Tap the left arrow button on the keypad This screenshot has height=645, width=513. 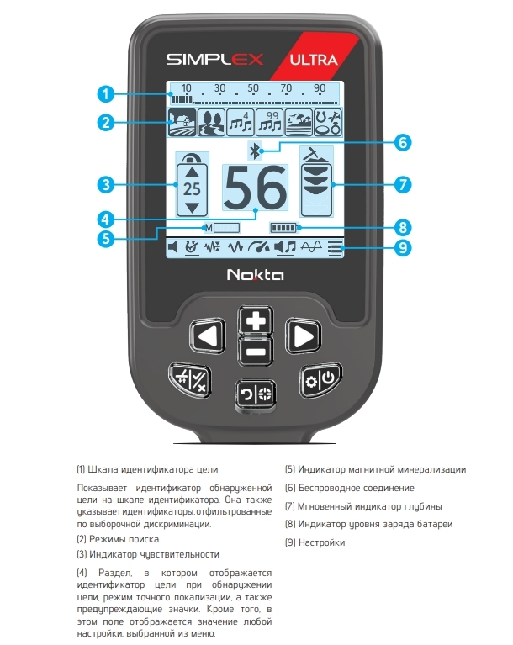206,337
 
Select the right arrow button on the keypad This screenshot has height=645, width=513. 302,337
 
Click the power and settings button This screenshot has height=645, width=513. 320,380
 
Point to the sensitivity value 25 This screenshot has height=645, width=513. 193,188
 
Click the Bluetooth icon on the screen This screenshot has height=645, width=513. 255,151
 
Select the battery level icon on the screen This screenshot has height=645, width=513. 283,227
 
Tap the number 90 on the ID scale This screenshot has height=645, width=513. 320,88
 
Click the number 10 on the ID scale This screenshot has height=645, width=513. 187,88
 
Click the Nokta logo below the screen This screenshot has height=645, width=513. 255,274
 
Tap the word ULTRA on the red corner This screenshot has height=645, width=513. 314,60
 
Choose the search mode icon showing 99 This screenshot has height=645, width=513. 268,122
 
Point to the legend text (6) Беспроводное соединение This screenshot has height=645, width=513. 349,488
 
